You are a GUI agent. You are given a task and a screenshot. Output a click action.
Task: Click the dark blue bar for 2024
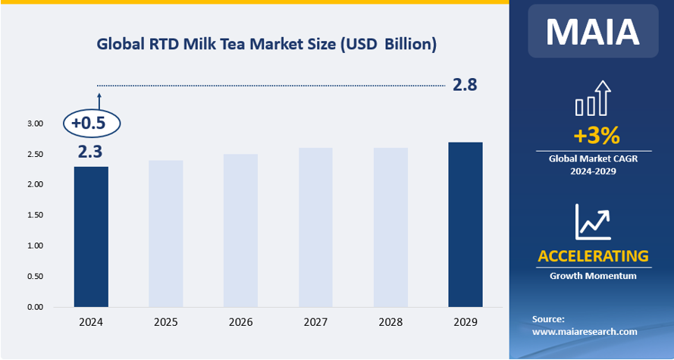click(90, 236)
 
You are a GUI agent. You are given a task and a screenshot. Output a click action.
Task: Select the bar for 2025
click(165, 233)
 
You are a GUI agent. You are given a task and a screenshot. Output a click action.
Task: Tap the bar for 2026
click(240, 230)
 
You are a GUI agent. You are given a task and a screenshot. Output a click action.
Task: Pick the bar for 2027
click(315, 227)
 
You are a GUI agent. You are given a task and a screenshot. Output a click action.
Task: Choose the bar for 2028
click(390, 227)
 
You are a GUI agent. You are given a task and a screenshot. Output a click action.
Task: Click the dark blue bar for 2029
click(465, 224)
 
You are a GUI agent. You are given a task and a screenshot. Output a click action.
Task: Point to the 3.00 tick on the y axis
click(34, 124)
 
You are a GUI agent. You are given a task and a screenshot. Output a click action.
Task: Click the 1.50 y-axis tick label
click(34, 215)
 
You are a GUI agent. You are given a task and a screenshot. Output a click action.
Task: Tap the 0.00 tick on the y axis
click(34, 307)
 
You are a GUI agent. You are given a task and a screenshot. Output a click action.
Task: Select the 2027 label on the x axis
click(315, 323)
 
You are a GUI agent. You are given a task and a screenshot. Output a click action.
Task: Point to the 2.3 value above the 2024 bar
click(90, 152)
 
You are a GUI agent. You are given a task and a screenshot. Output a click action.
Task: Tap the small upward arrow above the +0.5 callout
click(99, 99)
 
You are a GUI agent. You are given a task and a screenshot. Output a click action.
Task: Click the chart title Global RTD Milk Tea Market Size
click(266, 44)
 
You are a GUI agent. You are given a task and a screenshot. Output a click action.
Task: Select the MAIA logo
click(594, 31)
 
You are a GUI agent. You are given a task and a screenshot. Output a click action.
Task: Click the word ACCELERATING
click(594, 256)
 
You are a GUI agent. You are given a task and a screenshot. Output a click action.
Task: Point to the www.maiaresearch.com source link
click(585, 332)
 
